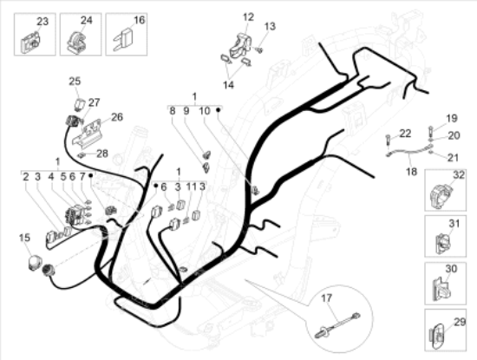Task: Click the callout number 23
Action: (42, 22)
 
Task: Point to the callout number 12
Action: (248, 17)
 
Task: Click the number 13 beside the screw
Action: (270, 26)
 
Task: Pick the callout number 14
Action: (228, 85)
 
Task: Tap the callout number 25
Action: (75, 82)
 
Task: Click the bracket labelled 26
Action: (87, 134)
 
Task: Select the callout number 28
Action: (102, 154)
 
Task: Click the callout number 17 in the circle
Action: (326, 298)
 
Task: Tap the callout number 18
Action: (411, 172)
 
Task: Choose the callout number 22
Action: (405, 134)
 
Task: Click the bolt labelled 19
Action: (431, 131)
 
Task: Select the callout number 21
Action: (453, 158)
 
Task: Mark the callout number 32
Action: (459, 175)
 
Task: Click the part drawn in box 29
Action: (436, 336)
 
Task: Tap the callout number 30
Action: (452, 269)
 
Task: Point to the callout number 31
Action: (454, 224)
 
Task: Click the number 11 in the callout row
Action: (192, 187)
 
